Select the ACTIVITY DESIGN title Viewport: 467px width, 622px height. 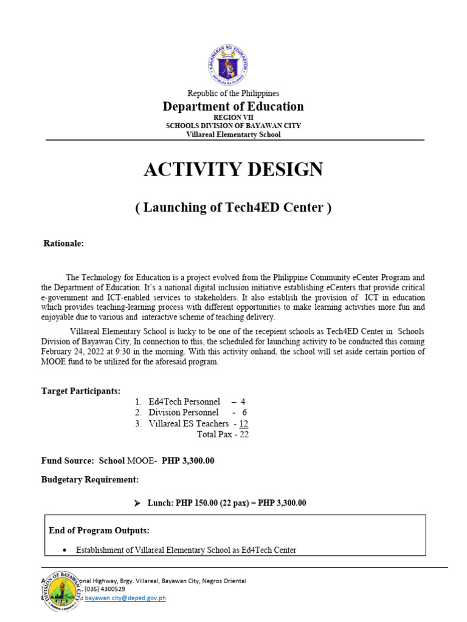(x=233, y=170)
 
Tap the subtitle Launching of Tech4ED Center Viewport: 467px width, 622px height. (x=233, y=208)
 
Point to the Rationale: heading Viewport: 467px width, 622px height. (x=63, y=244)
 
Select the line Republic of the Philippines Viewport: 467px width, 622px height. (x=233, y=94)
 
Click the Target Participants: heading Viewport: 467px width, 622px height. (x=81, y=391)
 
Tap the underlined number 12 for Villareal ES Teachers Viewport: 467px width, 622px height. (x=243, y=423)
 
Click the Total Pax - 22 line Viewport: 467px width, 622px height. (x=223, y=434)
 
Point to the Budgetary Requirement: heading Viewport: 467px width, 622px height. (x=90, y=480)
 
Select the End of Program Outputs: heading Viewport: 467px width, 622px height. (x=99, y=530)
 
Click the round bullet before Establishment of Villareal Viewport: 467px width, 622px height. (x=65, y=550)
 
